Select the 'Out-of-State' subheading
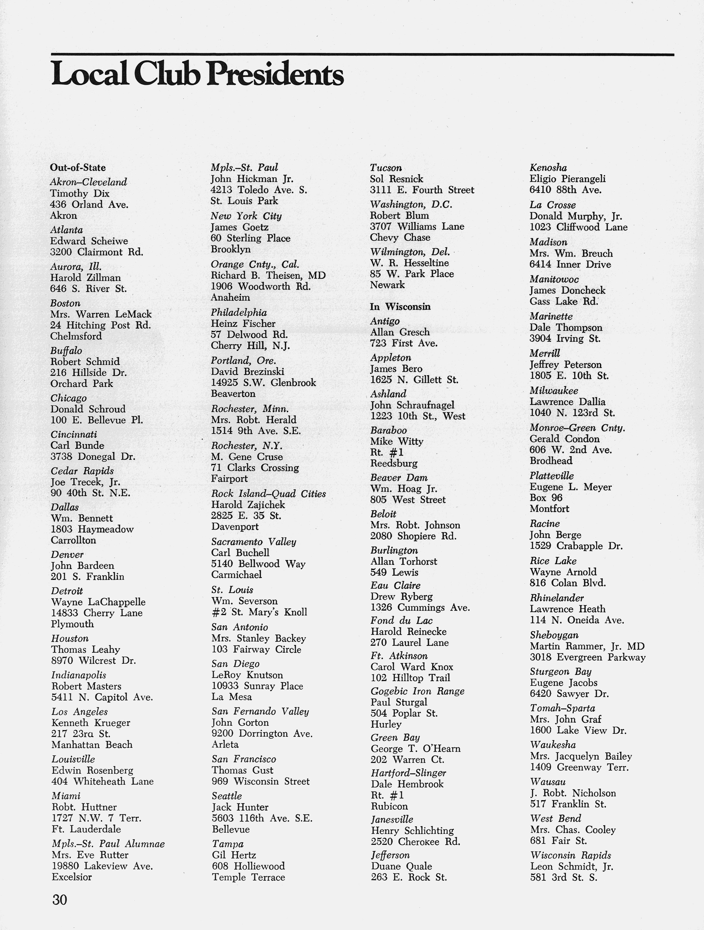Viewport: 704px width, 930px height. point(78,167)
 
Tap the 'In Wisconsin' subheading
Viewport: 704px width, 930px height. point(400,307)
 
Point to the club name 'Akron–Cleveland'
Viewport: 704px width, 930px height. point(88,182)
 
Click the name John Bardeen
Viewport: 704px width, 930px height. point(82,565)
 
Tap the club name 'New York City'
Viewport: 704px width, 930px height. point(246,216)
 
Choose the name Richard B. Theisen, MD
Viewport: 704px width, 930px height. point(268,275)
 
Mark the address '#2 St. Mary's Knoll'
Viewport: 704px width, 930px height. point(259,612)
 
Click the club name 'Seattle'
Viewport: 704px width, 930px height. point(227,796)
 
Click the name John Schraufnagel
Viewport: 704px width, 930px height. point(412,405)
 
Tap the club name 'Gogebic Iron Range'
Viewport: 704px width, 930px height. point(417,691)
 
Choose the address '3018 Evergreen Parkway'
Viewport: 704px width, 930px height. point(588,657)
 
